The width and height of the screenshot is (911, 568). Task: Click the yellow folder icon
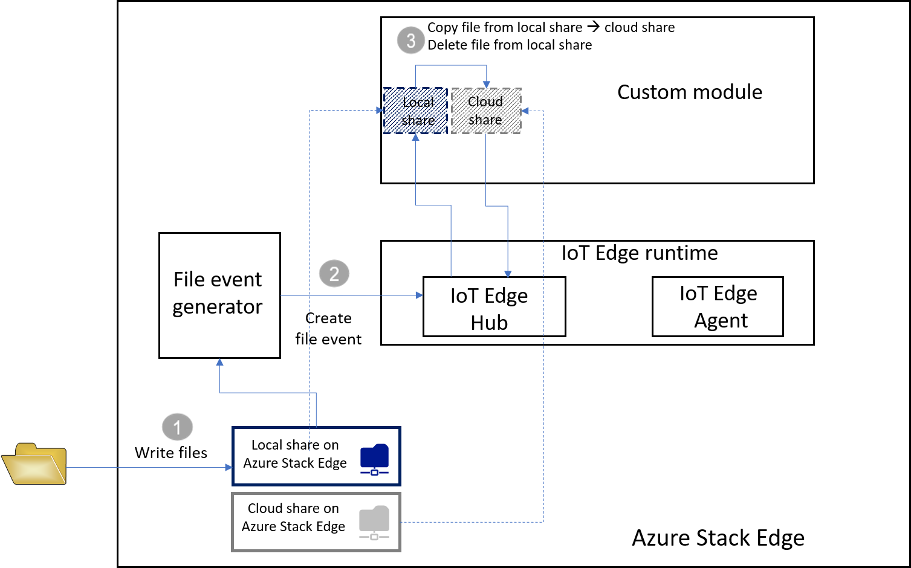pos(34,463)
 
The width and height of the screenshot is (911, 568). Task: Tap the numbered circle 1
pos(177,427)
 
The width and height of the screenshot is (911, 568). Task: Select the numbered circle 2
pos(334,273)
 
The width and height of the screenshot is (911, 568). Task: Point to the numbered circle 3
pos(410,40)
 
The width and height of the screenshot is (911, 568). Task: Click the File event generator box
pos(219,294)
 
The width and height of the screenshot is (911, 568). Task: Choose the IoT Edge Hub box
pos(493,307)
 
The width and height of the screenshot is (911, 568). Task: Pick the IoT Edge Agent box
pos(717,306)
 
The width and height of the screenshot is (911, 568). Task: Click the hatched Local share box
pos(416,111)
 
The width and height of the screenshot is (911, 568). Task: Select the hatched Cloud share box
pos(486,111)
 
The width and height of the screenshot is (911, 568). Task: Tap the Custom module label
pos(689,92)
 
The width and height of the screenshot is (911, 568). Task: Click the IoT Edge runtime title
pos(639,253)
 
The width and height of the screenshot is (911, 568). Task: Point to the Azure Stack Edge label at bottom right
pos(718,537)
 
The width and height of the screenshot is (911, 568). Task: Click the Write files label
pos(171,453)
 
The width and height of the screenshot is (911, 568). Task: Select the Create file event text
pos(328,329)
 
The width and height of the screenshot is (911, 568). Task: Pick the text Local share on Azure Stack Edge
pos(295,454)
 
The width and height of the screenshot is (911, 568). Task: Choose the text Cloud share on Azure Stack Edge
pos(293,517)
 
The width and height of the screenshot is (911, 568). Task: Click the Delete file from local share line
pos(509,45)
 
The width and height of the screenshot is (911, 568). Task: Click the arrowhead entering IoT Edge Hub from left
pos(419,295)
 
